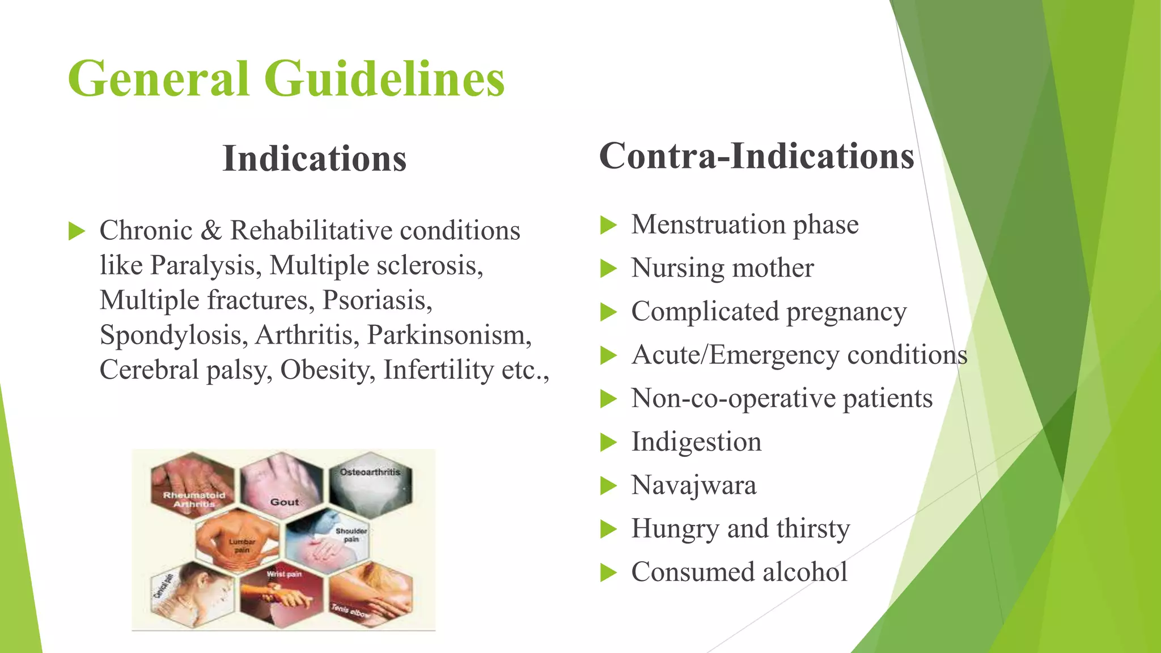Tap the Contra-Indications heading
click(x=756, y=156)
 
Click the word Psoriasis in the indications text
click(x=376, y=300)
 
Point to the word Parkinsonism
click(x=449, y=335)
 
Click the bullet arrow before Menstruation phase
click(x=608, y=225)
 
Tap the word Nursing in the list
click(x=675, y=268)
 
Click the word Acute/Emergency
click(x=735, y=355)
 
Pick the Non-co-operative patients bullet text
click(x=782, y=398)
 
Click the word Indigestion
click(x=696, y=442)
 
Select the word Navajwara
click(x=694, y=486)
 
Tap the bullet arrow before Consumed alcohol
click(x=608, y=573)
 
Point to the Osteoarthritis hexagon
click(x=370, y=485)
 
